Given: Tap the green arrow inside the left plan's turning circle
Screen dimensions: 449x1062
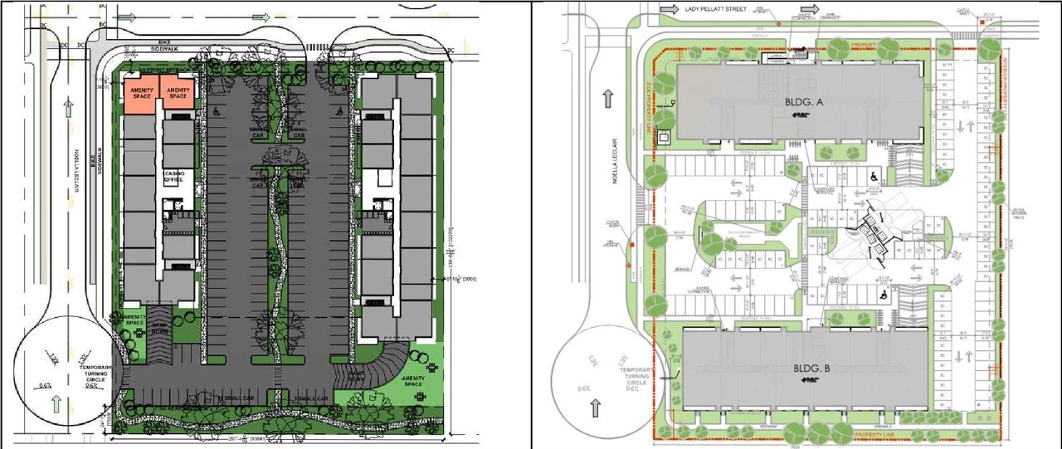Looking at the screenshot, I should (x=55, y=405).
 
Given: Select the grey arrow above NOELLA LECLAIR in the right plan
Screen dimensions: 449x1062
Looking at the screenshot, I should (x=608, y=95).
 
